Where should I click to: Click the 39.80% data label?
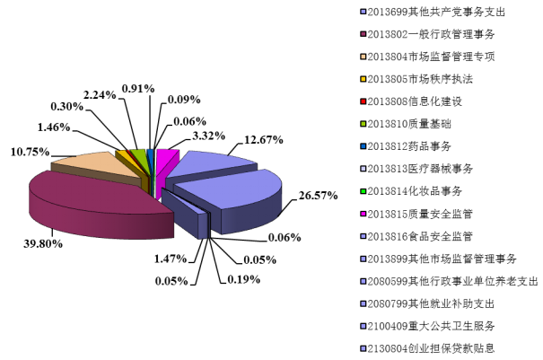pyautogui.click(x=43, y=243)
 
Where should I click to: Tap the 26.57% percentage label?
pyautogui.click(x=319, y=196)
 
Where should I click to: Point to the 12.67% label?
pyautogui.click(x=264, y=140)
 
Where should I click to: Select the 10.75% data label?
pyautogui.click(x=31, y=152)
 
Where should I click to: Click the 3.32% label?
pyautogui.click(x=208, y=136)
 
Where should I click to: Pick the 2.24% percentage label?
pyautogui.click(x=100, y=94)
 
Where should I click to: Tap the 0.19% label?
pyautogui.click(x=244, y=279)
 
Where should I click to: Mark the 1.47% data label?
pyautogui.click(x=171, y=259)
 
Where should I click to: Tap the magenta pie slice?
pyautogui.click(x=165, y=162)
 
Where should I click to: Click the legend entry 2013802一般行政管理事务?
pyautogui.click(x=428, y=34)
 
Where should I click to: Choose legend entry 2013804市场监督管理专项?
pyautogui.click(x=428, y=57)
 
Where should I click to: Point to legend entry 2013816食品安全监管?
pyautogui.click(x=416, y=236)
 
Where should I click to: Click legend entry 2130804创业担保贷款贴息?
pyautogui.click(x=428, y=348)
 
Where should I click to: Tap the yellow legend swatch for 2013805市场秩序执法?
pyautogui.click(x=363, y=79)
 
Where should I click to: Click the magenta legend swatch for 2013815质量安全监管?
pyautogui.click(x=363, y=215)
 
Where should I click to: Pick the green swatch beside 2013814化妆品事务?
pyautogui.click(x=363, y=191)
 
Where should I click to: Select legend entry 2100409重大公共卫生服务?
pyautogui.click(x=428, y=326)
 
